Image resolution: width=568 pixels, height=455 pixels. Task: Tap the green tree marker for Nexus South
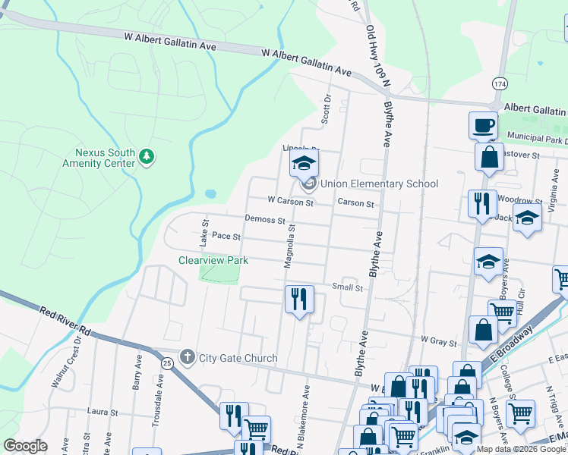(x=147, y=157)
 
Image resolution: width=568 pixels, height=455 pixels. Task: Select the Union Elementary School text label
(x=379, y=184)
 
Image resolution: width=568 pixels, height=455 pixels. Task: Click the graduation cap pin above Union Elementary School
(x=304, y=164)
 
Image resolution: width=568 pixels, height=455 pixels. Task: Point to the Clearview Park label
(x=213, y=260)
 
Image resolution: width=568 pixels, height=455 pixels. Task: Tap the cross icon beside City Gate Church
(x=188, y=357)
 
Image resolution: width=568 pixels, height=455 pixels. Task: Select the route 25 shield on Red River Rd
(x=166, y=363)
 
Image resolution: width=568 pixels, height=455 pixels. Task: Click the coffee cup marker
(x=483, y=125)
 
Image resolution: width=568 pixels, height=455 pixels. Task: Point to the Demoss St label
(x=265, y=220)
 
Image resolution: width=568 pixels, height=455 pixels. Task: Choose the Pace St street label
(x=226, y=237)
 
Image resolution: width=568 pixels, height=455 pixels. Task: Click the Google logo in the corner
(x=25, y=446)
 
